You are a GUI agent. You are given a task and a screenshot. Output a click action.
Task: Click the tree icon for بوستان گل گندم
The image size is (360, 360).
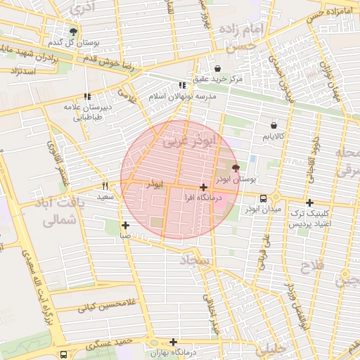pyautogui.click(x=74, y=32)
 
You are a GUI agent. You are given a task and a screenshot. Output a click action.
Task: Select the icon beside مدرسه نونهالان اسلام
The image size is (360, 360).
pyautogui.click(x=183, y=85)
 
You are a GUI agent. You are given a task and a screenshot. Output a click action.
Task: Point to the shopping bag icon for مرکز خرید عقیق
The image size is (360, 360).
pyautogui.click(x=217, y=69)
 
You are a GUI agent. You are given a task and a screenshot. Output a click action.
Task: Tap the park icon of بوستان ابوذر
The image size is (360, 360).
pyautogui.click(x=235, y=168)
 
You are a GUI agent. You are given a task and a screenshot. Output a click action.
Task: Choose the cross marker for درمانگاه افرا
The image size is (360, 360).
pyautogui.click(x=203, y=188)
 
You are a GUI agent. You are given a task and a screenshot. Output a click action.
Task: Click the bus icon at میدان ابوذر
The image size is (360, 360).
pyautogui.click(x=263, y=198)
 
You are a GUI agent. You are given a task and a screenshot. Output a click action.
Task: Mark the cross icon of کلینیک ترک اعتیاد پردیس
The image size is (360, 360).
pyautogui.click(x=309, y=202)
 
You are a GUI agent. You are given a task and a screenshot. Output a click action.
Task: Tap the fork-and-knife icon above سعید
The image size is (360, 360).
pyautogui.click(x=105, y=186)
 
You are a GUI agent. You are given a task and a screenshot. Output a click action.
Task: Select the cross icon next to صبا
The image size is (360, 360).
pyautogui.click(x=125, y=226)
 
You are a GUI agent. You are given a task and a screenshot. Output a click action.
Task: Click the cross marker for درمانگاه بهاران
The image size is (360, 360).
pyautogui.click(x=174, y=341)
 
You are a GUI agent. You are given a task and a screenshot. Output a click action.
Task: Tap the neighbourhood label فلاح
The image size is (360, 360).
pyautogui.click(x=309, y=267)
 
